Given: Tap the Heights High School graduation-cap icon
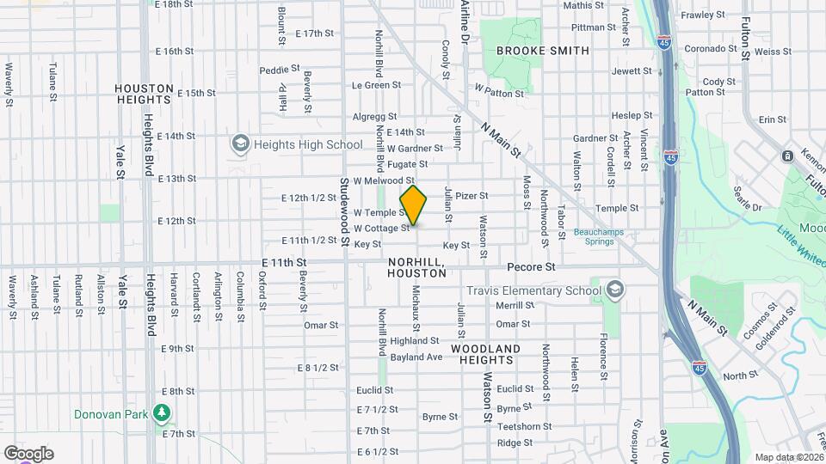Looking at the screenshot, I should click(239, 143).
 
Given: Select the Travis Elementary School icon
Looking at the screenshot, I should click(613, 290).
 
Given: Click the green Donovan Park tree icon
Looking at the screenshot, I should click(161, 414).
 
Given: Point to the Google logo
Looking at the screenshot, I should click(28, 453).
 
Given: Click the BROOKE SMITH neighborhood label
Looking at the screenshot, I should click(543, 51).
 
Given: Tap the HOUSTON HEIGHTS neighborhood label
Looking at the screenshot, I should click(156, 95).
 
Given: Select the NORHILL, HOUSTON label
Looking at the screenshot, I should click(417, 267).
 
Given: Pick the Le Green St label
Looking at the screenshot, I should click(376, 85).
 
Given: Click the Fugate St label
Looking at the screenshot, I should click(407, 164).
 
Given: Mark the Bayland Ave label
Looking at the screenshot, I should click(416, 357).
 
